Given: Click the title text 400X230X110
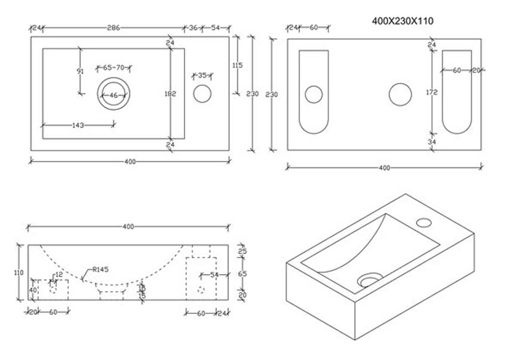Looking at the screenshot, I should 402,21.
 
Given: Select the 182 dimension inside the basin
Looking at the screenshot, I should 170,93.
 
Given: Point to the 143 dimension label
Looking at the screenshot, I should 78,125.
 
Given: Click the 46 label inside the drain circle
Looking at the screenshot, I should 113,96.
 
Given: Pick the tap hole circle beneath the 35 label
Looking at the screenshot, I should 202,94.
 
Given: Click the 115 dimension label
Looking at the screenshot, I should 237,66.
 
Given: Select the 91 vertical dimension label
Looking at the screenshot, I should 80,71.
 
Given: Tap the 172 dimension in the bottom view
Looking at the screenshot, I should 432,93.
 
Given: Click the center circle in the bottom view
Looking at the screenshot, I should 400,94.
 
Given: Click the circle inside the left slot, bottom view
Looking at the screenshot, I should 314,94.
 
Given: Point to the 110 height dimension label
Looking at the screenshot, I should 18,272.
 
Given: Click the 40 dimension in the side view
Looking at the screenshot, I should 33,290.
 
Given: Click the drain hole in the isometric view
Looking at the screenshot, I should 370,279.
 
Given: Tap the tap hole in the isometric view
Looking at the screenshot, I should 423,223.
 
